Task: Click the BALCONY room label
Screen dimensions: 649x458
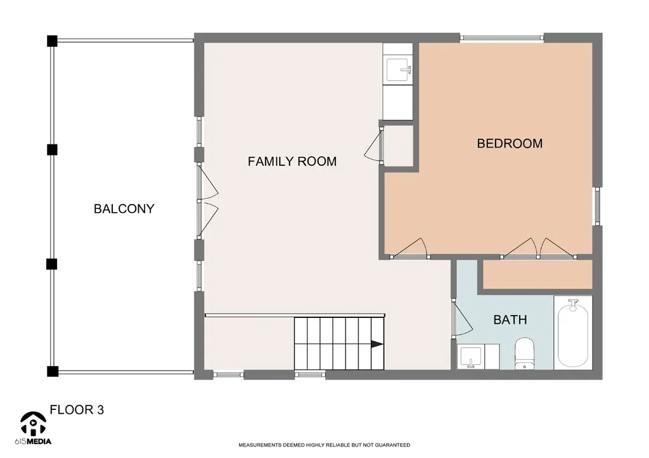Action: click(124, 208)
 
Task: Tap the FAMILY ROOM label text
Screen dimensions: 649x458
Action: click(292, 162)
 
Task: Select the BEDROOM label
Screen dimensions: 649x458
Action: click(510, 143)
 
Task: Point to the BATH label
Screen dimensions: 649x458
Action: click(510, 319)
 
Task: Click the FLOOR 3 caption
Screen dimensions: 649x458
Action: click(77, 410)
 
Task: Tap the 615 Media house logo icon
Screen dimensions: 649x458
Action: click(33, 423)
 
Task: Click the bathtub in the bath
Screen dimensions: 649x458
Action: click(573, 333)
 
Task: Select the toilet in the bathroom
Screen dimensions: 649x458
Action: click(524, 353)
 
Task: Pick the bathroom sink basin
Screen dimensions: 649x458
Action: click(471, 357)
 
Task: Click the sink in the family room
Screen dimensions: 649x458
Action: click(398, 70)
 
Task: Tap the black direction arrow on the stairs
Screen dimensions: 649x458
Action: click(376, 344)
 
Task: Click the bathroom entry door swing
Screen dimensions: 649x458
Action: click(462, 318)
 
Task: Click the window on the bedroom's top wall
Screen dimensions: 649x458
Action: click(502, 37)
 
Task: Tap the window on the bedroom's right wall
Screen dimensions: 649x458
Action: click(597, 206)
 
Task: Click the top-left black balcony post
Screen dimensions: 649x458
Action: click(52, 41)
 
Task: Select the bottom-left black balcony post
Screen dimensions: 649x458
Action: click(52, 371)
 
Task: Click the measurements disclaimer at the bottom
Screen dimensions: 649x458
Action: click(324, 445)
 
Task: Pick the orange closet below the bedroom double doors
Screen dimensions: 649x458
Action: click(537, 274)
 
